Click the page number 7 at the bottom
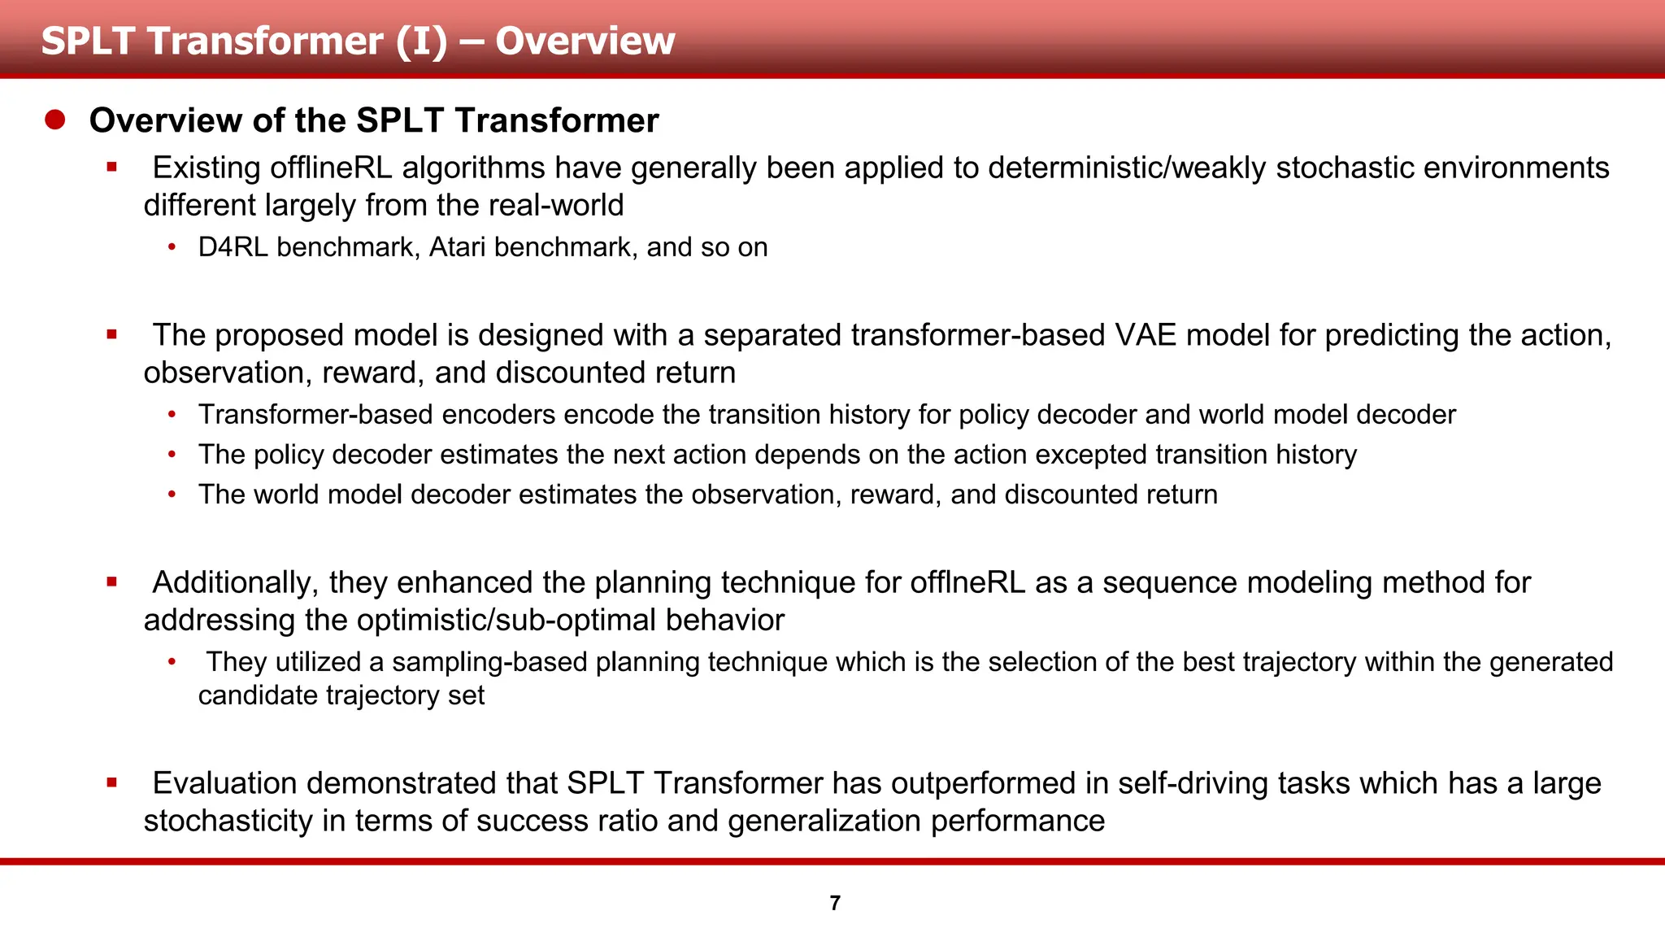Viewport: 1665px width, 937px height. [x=835, y=903]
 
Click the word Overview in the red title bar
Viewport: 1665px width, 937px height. [x=585, y=41]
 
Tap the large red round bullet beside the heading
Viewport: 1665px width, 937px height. [x=55, y=120]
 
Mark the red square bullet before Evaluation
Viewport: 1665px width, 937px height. [x=112, y=783]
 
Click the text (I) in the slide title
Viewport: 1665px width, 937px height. [x=421, y=41]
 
